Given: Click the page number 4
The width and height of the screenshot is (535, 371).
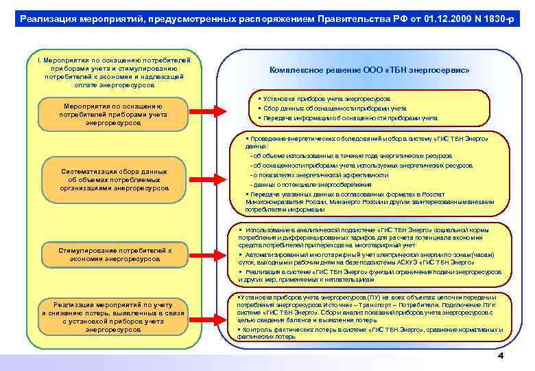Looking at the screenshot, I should pyautogui.click(x=500, y=356).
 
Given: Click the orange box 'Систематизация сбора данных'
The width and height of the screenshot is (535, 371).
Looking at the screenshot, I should pyautogui.click(x=113, y=179).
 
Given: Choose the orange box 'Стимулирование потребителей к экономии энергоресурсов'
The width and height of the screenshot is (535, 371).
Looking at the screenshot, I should pyautogui.click(x=113, y=255).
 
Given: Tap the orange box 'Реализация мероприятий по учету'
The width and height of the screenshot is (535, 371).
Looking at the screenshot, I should pyautogui.click(x=113, y=316).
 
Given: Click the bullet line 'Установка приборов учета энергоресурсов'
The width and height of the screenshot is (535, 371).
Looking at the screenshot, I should pyautogui.click(x=323, y=99).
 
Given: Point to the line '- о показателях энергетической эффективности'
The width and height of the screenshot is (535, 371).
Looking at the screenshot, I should pyautogui.click(x=309, y=175).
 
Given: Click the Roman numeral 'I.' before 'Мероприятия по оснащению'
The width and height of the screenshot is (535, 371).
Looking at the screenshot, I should pyautogui.click(x=38, y=60).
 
